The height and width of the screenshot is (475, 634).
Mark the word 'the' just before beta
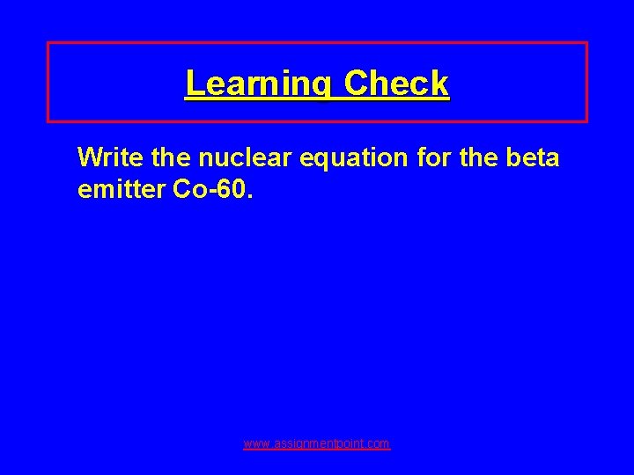[x=490, y=157]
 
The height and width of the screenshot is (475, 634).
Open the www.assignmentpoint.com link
[x=317, y=444]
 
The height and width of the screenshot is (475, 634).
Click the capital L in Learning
[x=193, y=84]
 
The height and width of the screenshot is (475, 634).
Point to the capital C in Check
[x=358, y=84]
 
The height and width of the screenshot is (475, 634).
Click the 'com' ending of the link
[x=380, y=444]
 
